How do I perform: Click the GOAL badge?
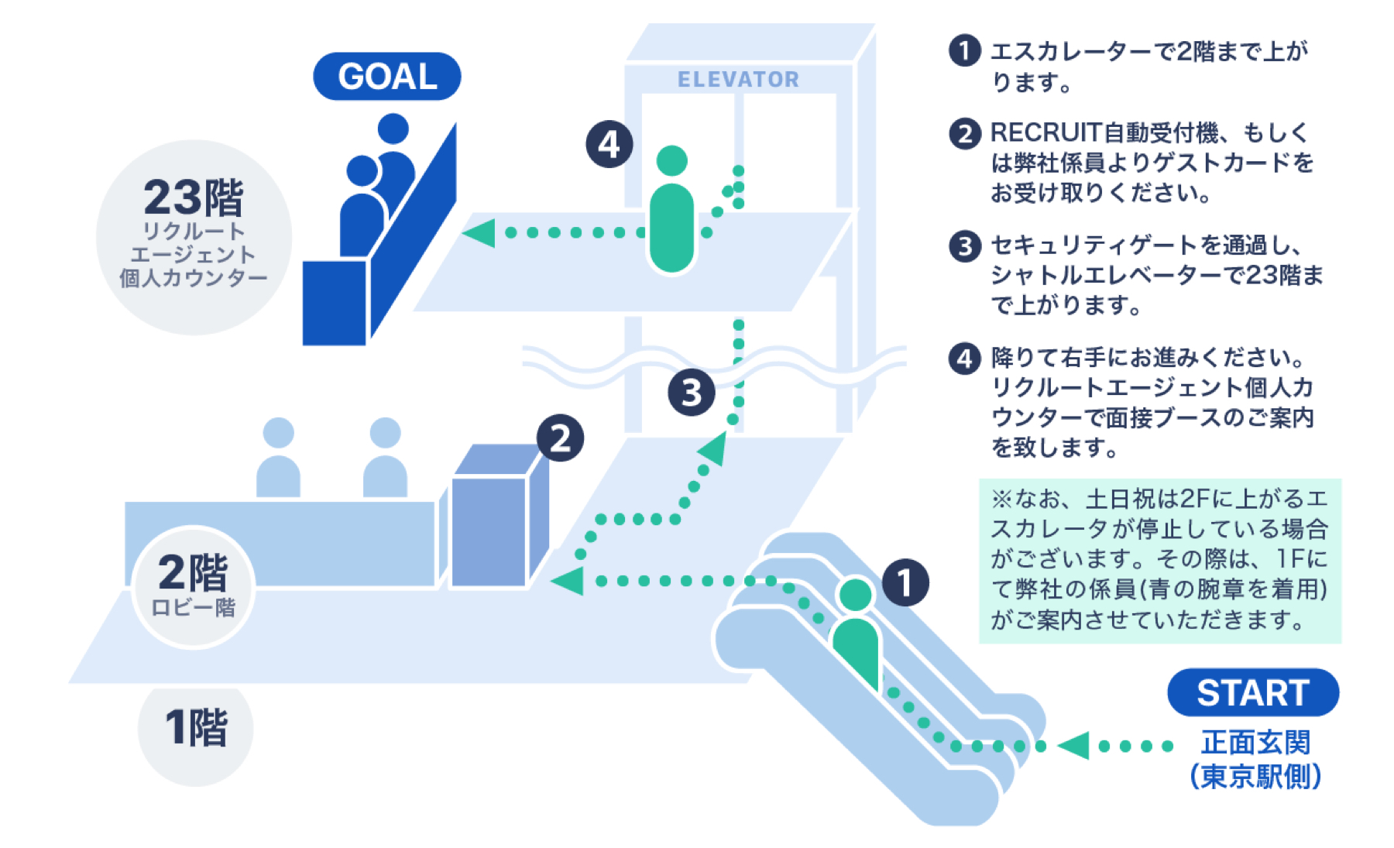(386, 76)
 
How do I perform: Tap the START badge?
(1252, 692)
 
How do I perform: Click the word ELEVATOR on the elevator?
(738, 79)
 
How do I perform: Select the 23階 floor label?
(194, 198)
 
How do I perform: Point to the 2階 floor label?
(194, 574)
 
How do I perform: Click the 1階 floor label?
(196, 728)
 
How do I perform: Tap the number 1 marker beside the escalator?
(905, 582)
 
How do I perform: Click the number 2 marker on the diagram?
(560, 438)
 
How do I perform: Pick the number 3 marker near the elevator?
(691, 393)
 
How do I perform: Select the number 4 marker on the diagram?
(609, 144)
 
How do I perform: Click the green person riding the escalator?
(856, 635)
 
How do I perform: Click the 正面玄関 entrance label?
(1255, 743)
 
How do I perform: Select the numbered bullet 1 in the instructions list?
(964, 51)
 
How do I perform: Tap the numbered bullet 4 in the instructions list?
(964, 359)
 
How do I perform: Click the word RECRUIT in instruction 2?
(1045, 133)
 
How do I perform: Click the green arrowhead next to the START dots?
(1074, 746)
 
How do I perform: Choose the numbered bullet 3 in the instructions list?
(964, 246)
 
